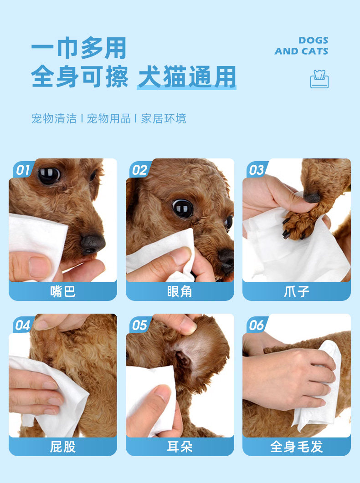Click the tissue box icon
coord(319,79)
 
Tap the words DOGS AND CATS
coord(301,46)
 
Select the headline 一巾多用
coord(79,48)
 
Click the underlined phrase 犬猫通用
coord(187,76)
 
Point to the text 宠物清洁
coord(54,119)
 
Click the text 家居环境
coord(164,119)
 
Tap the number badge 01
coord(23,170)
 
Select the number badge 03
coord(257,170)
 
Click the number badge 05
coord(139,325)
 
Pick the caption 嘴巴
coord(63,291)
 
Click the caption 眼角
coord(180,291)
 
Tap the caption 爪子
coord(297,291)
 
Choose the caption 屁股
coord(63,447)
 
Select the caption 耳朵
coord(180,447)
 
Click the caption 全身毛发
coord(297,447)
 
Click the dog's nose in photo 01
coord(92,244)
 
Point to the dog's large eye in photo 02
coord(183,208)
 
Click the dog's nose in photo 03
coord(311,198)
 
